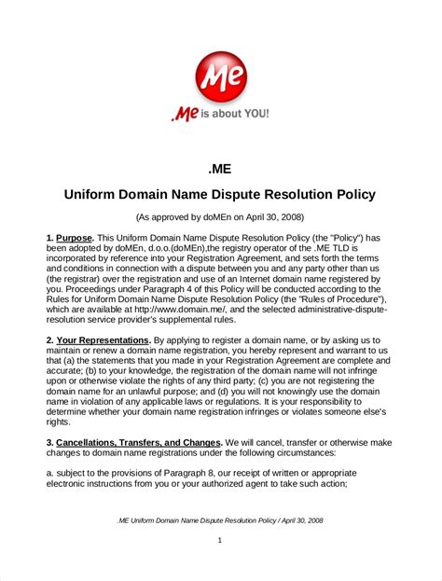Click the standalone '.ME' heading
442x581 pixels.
220,168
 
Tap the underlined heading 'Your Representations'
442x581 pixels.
104,341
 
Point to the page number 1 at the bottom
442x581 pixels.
220,540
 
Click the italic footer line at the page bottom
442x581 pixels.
220,519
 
